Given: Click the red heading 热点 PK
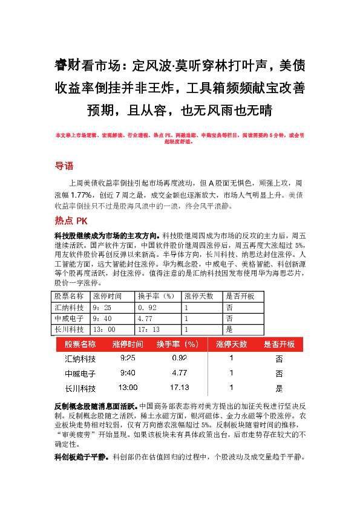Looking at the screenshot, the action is (71, 221).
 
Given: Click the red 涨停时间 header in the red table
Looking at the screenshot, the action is (128, 344).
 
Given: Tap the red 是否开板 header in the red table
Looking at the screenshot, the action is (279, 344).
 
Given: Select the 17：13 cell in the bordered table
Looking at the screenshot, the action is (149, 329).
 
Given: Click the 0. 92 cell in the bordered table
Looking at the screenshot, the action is (148, 307).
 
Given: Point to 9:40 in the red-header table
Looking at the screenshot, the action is (128, 372).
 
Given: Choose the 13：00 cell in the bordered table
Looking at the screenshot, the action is (103, 329).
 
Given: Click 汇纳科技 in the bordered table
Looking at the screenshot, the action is (69, 307).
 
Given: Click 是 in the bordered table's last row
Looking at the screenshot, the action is (229, 329).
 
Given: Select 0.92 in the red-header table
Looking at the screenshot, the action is (180, 358).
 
